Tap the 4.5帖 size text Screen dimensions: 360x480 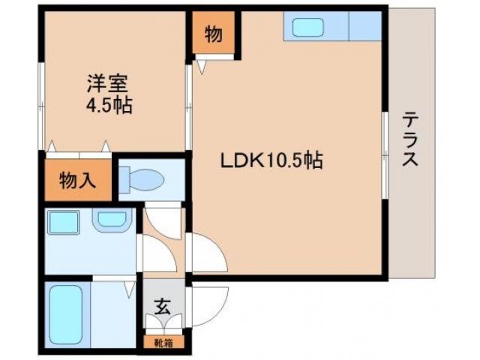coord(109,106)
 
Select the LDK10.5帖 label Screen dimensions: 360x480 coord(271,160)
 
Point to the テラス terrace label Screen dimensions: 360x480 coord(410,139)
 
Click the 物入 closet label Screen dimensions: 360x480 coord(78,181)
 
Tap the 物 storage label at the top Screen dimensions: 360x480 coord(214,34)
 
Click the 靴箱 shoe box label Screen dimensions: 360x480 coord(163,343)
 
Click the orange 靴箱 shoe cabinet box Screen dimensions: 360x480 coord(163,343)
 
